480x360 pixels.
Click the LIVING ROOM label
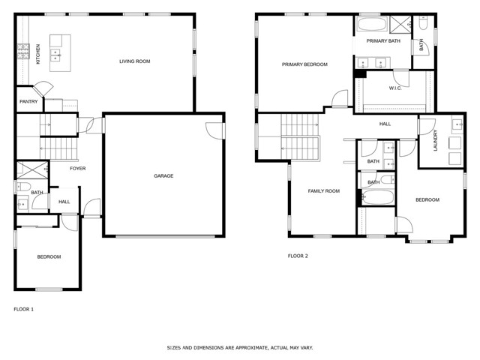coord(135,61)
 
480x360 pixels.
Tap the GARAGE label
coord(163,175)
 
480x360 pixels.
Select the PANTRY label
coord(28,101)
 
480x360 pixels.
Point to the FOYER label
coord(77,168)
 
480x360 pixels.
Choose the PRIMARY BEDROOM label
coord(304,64)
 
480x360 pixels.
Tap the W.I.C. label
coord(397,88)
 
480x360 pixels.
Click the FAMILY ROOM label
coord(324,191)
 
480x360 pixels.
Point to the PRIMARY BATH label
coord(383,41)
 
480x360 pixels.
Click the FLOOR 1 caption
coord(24,308)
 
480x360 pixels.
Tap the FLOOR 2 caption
coord(298,256)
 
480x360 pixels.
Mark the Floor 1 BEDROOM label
coord(49,256)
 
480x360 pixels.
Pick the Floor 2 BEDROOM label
coord(427,199)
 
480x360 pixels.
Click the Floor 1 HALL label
coord(64,202)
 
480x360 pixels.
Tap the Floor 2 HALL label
coord(385,124)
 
